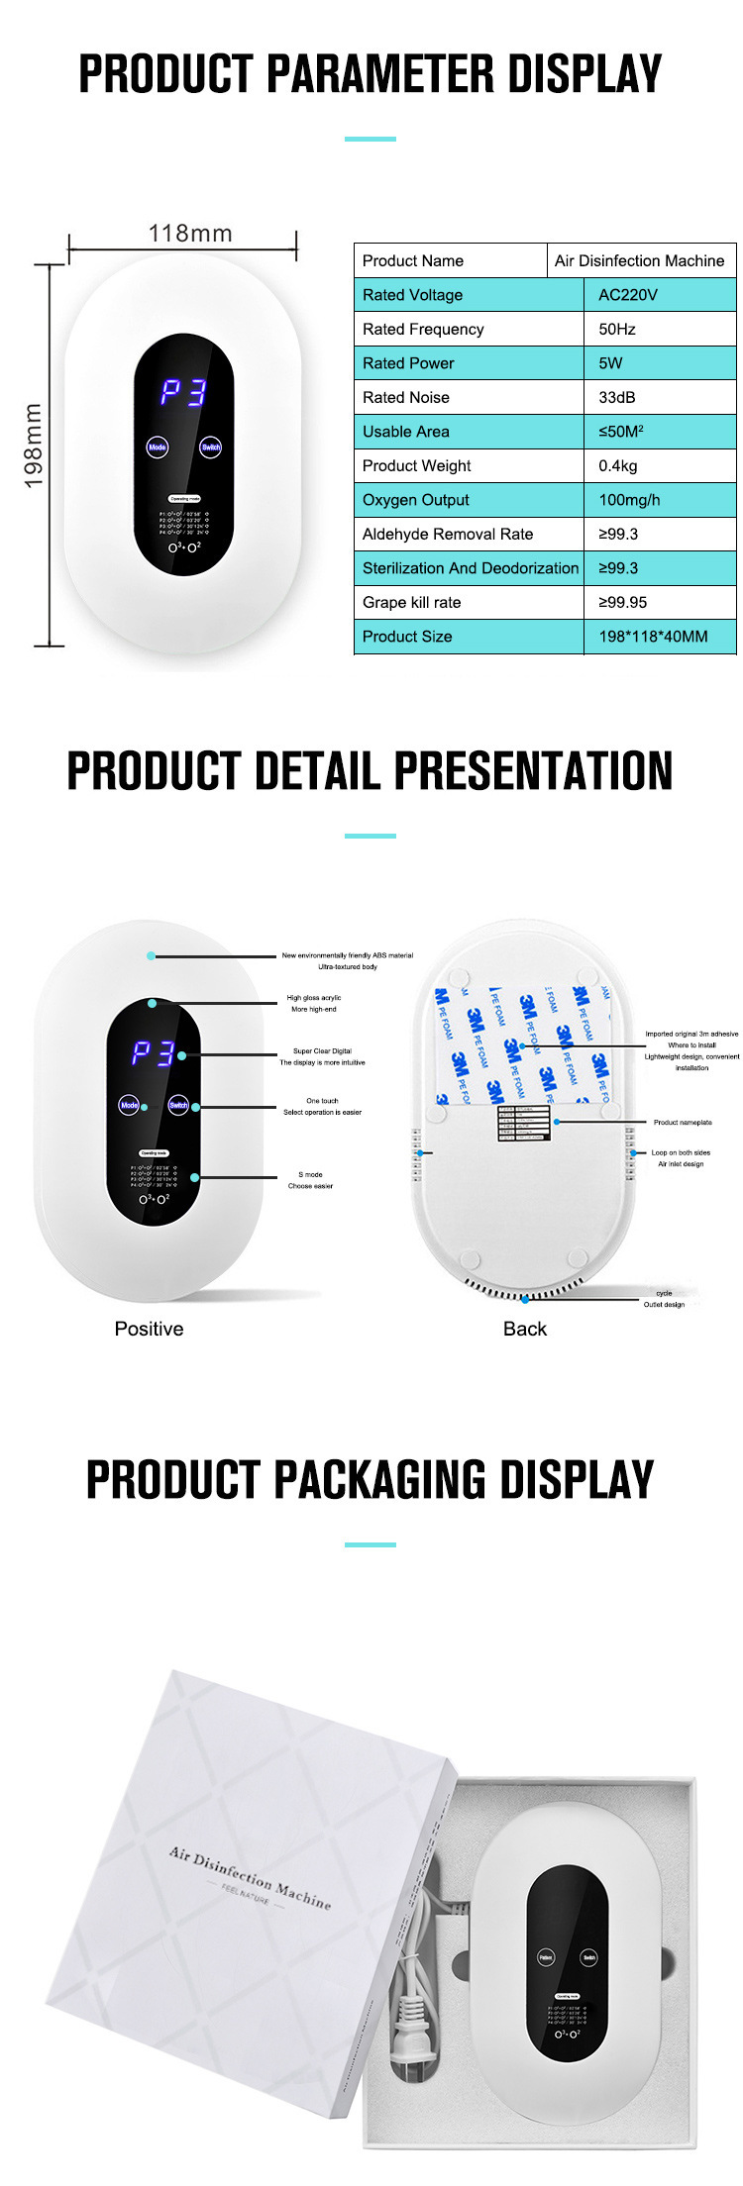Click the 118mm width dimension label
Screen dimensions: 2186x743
190,234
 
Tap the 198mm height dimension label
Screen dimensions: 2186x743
33,446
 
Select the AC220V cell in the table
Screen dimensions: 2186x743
627,295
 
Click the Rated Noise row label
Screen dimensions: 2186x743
406,397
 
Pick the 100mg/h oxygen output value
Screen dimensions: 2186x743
629,500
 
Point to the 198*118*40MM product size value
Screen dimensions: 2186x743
653,637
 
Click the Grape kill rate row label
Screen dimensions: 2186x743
411,602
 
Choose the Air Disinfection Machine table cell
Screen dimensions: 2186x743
639,260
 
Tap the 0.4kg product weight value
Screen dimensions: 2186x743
618,465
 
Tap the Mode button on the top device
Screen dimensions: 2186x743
158,447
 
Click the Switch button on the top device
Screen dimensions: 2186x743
211,447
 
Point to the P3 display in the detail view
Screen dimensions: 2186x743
154,1054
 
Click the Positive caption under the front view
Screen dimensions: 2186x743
149,1329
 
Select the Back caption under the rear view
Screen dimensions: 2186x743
524,1329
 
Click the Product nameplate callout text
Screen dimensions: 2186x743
683,1123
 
